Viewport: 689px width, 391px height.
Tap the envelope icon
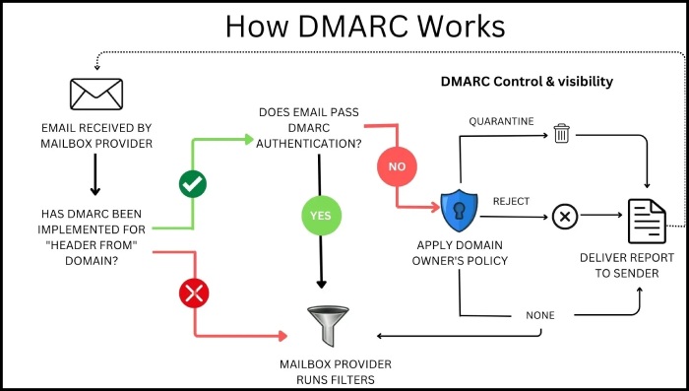(x=96, y=94)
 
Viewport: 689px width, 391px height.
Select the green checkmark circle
(x=192, y=183)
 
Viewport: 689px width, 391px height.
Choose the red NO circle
(x=396, y=166)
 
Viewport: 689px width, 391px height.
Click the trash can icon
(x=561, y=133)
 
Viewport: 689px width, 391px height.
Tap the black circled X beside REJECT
(x=564, y=215)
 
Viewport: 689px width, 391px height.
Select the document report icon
(x=648, y=220)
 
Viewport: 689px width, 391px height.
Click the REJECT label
(x=511, y=201)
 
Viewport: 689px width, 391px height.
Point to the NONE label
(x=539, y=315)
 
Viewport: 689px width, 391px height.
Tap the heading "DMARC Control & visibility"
(x=526, y=82)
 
